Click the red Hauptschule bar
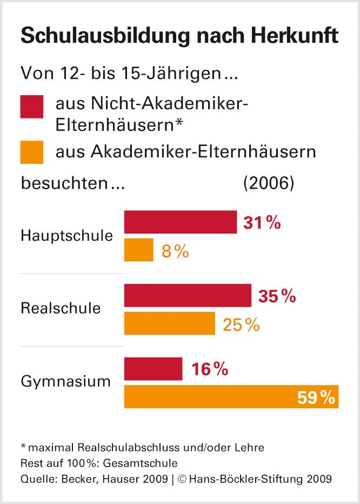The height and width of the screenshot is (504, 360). [x=181, y=222]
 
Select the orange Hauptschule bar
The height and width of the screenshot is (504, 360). [x=139, y=250]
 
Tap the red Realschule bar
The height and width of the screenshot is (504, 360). [x=188, y=295]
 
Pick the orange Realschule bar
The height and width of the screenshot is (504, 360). [x=170, y=323]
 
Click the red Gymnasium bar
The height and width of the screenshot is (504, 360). [x=154, y=369]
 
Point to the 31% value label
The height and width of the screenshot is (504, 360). [x=262, y=223]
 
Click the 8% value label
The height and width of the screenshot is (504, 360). [x=175, y=251]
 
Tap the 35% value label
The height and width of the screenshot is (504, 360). [x=277, y=296]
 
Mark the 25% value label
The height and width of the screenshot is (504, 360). [x=240, y=324]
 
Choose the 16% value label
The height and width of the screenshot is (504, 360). [x=209, y=369]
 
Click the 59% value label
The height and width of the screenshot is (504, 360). [x=316, y=397]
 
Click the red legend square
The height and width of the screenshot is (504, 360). [x=32, y=107]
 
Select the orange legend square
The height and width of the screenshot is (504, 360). [x=32, y=152]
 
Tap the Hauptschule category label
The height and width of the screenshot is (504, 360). [x=67, y=236]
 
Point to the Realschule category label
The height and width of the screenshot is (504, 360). [x=61, y=309]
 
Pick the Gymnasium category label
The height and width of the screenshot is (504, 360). [x=65, y=382]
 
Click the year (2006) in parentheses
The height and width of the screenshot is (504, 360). [x=269, y=183]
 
